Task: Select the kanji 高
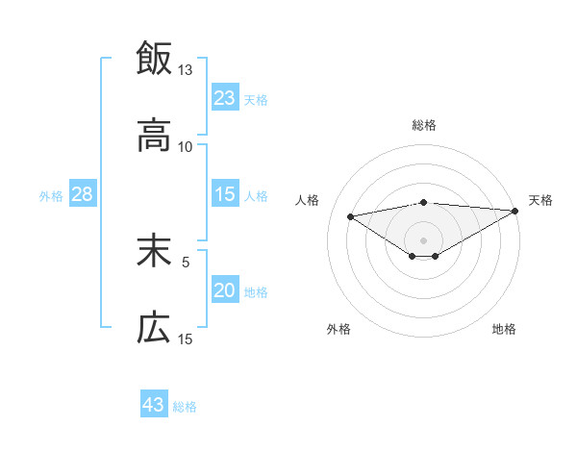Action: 154,137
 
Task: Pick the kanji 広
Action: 154,329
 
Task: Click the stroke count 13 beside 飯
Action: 185,70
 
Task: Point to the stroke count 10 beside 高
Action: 185,147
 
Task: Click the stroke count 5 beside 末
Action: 186,261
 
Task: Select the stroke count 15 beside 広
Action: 185,339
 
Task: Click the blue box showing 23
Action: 225,97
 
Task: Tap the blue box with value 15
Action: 225,194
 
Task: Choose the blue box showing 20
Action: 225,290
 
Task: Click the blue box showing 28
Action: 83,194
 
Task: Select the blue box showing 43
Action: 154,405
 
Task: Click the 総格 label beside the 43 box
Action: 185,407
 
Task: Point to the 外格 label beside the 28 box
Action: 51,196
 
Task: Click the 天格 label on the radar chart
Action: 541,200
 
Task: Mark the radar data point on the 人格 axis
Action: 351,215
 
